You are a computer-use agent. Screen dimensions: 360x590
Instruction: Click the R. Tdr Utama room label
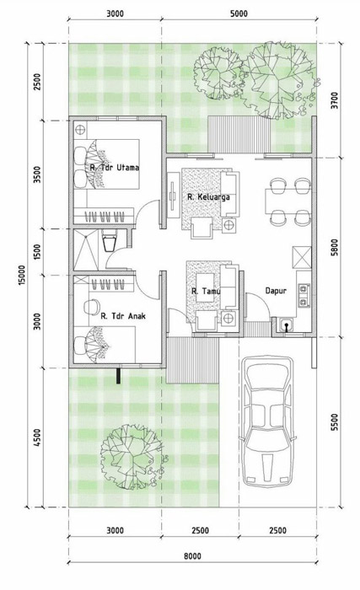click(115, 168)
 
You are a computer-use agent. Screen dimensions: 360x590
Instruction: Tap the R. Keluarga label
click(208, 196)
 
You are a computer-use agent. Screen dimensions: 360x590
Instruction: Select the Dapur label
click(276, 291)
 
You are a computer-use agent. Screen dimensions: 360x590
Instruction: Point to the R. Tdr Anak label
click(123, 316)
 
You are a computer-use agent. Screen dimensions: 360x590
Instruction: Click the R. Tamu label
click(206, 292)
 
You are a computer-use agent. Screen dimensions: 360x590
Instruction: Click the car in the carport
click(267, 422)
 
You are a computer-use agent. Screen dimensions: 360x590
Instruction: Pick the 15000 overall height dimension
click(21, 276)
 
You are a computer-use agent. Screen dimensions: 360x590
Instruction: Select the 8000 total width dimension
click(192, 556)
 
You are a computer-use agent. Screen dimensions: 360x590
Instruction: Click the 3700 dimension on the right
click(335, 100)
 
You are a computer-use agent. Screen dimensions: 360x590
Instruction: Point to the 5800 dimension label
click(335, 247)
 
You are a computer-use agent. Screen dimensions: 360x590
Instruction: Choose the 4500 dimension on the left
click(37, 437)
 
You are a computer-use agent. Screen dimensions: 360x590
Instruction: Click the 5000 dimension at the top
click(239, 14)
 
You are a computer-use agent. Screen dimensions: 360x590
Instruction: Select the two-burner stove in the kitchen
click(303, 295)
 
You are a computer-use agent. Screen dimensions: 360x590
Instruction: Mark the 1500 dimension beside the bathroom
click(37, 252)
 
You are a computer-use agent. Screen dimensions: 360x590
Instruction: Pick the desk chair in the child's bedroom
click(90, 307)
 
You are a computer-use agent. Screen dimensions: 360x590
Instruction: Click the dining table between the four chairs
click(288, 201)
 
